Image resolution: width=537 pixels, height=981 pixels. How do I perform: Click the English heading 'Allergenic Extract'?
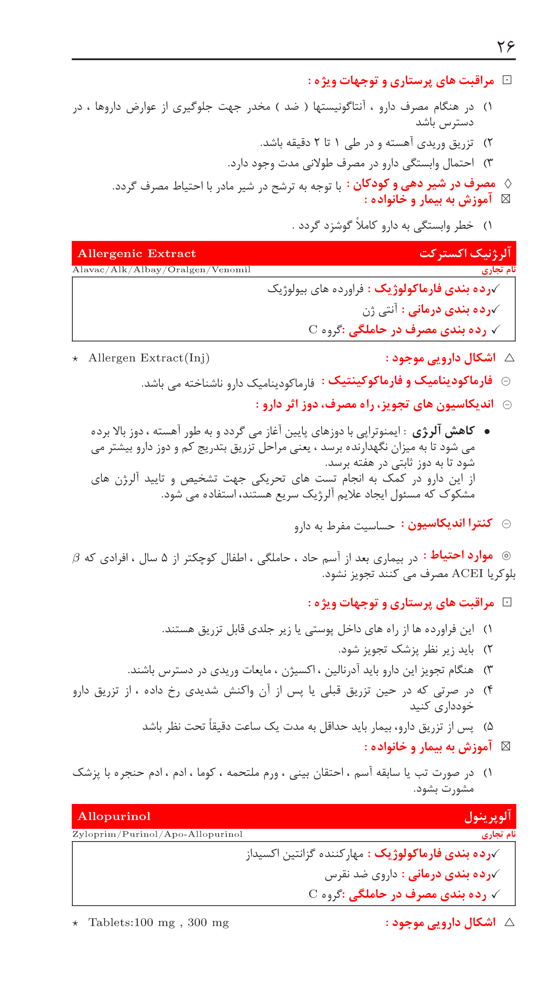(137, 253)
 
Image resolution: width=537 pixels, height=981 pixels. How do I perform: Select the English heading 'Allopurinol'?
(114, 816)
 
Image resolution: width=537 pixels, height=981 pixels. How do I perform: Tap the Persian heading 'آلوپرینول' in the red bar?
(487, 816)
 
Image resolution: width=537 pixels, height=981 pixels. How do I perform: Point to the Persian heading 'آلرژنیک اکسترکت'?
(465, 253)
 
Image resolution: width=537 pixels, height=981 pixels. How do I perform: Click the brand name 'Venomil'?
(231, 270)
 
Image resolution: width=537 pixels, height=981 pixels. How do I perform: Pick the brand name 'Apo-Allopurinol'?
(203, 834)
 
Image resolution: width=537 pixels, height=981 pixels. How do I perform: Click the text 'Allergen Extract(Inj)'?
(149, 358)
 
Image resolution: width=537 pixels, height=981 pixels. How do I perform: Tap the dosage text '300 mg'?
(208, 922)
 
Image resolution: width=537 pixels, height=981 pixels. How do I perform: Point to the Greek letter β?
(76, 558)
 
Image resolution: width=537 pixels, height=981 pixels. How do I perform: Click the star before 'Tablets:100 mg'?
(75, 923)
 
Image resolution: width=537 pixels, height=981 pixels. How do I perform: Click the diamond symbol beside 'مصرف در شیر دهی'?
(508, 184)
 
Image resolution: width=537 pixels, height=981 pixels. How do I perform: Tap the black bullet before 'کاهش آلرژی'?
(487, 432)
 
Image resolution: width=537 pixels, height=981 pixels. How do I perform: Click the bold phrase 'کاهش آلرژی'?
(443, 431)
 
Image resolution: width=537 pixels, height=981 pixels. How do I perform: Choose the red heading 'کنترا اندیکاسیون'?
(450, 523)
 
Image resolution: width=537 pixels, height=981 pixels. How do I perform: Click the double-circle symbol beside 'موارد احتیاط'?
(506, 556)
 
